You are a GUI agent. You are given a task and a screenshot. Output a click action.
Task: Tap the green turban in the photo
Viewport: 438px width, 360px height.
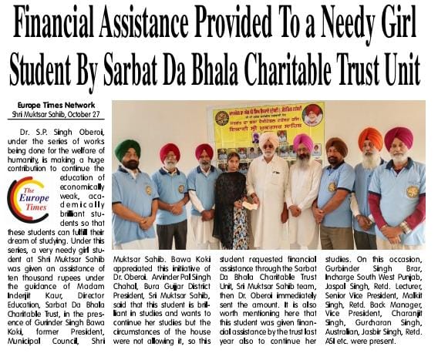click(x=128, y=148)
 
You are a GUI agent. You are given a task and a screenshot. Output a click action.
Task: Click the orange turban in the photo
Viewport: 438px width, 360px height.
click(x=370, y=137)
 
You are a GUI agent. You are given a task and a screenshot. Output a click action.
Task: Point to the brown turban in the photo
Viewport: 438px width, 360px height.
click(x=336, y=146)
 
